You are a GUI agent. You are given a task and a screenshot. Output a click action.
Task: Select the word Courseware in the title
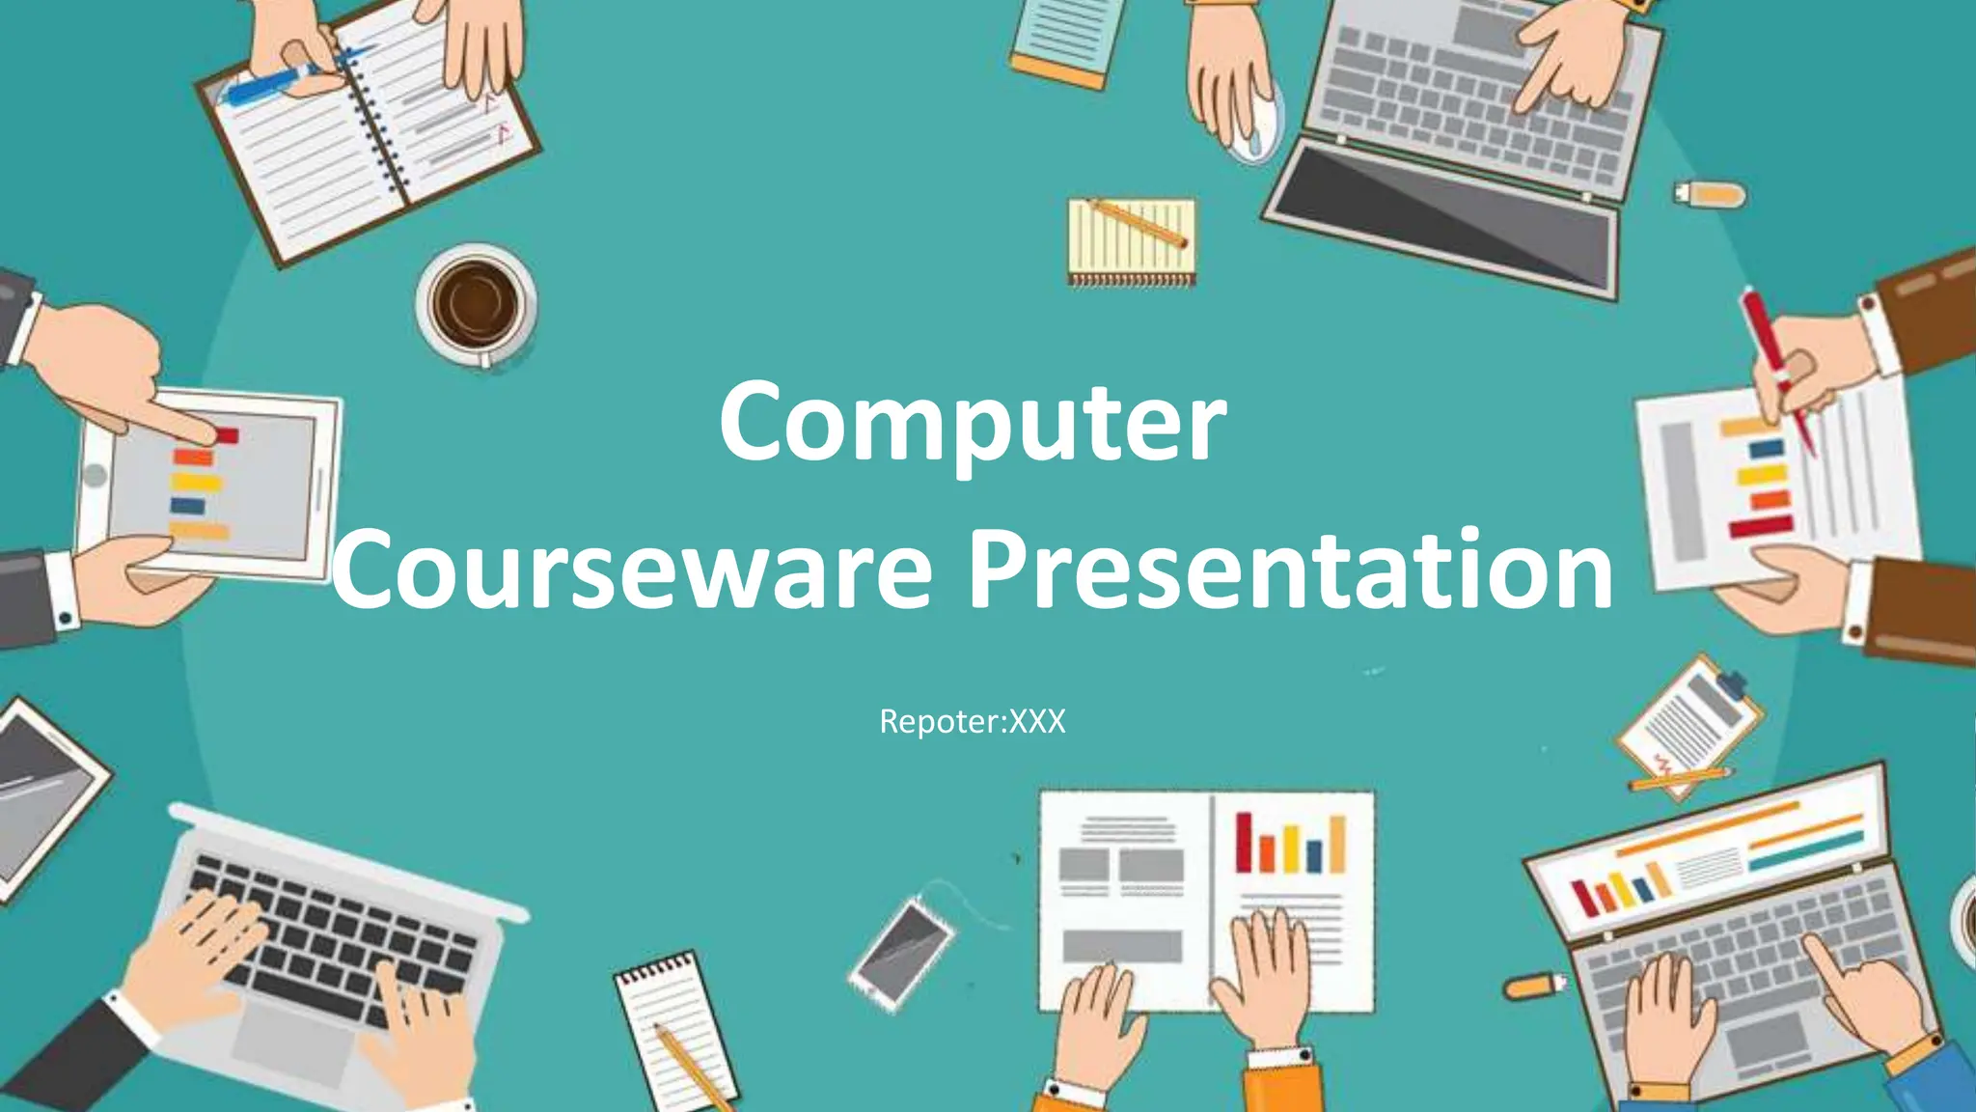[x=632, y=571]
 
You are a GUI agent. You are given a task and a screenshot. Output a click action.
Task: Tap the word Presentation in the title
[x=1291, y=571]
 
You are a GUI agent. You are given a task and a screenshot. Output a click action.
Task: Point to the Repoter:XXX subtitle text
[x=973, y=722]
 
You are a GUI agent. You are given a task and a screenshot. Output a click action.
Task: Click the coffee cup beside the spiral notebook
[x=476, y=303]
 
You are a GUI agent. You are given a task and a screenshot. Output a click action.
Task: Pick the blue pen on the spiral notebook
[x=270, y=82]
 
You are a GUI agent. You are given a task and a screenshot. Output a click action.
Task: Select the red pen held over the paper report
[x=1775, y=367]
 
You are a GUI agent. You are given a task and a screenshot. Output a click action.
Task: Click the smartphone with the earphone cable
[x=902, y=951]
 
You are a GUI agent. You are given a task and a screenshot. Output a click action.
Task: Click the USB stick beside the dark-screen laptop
[x=1710, y=194]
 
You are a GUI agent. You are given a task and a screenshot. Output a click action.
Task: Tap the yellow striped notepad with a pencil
[x=1132, y=241]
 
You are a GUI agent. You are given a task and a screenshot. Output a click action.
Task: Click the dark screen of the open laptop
[x=1447, y=212]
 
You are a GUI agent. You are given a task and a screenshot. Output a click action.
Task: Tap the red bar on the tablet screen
[x=226, y=435]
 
